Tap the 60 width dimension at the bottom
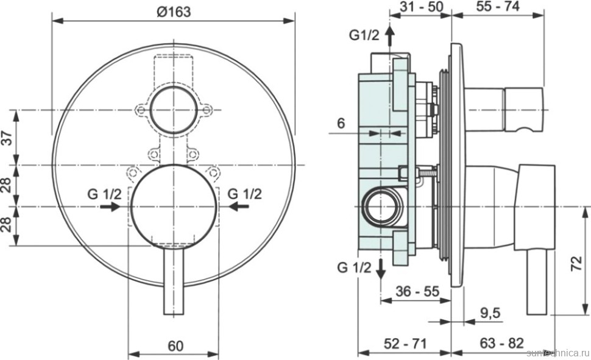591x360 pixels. pos(175,346)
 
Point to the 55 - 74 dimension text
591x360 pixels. pos(497,7)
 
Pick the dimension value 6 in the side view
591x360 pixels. pos(341,123)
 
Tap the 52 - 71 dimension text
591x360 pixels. pos(405,344)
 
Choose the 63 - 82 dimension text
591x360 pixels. pos(502,344)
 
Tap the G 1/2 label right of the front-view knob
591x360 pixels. pos(244,194)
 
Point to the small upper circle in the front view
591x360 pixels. pos(173,110)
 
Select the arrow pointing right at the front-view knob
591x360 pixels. pos(110,207)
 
